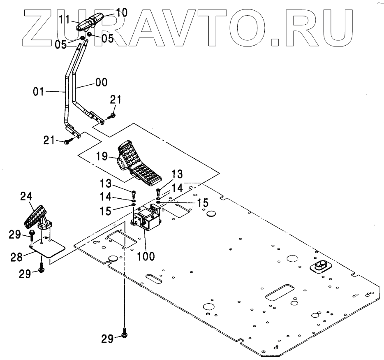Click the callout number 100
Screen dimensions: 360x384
(146, 256)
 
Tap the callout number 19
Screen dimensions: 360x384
(103, 156)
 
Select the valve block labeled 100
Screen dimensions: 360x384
(147, 218)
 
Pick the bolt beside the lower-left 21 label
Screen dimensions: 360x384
(68, 142)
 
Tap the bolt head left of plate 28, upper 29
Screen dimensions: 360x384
(32, 236)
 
